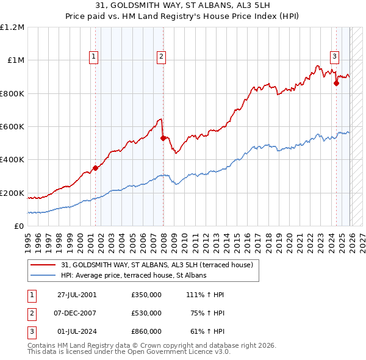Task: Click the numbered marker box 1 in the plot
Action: click(x=94, y=57)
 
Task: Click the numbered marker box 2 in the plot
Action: click(x=161, y=57)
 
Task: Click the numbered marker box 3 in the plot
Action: click(x=335, y=57)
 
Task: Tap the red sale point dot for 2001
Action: click(x=95, y=168)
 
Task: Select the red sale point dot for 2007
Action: click(x=163, y=138)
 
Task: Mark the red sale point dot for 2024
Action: click(x=336, y=84)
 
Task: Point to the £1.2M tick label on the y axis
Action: click(x=12, y=27)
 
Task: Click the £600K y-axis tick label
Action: click(x=12, y=127)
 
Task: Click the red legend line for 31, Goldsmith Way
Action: click(x=44, y=264)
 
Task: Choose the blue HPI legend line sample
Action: click(x=44, y=275)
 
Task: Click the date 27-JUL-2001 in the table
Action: click(x=77, y=294)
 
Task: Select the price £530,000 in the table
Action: click(x=146, y=313)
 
